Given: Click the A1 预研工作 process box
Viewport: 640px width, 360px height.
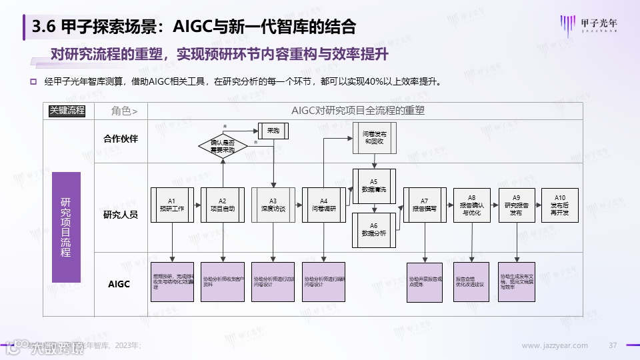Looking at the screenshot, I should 171,205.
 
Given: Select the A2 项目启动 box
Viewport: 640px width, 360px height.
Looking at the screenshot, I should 223,205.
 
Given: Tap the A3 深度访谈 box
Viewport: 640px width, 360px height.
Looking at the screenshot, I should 273,205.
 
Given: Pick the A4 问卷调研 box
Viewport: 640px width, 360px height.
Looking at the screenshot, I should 323,205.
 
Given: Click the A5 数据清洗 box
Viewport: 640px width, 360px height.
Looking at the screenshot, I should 373,185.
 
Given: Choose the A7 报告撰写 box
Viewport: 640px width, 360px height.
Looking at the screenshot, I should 424,205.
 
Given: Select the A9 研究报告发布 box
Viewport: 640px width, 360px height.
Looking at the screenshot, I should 517,205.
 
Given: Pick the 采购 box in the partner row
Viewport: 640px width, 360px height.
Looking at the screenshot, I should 273,131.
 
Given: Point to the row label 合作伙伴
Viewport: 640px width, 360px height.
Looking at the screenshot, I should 121,139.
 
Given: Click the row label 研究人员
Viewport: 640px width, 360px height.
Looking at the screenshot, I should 121,215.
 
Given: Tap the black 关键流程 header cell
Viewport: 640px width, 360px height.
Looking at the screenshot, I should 67,111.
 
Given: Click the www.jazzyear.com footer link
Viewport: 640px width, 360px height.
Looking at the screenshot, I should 555,345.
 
